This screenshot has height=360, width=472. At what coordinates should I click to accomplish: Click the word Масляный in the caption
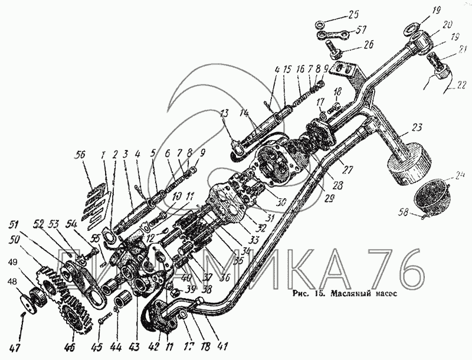point(350,293)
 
